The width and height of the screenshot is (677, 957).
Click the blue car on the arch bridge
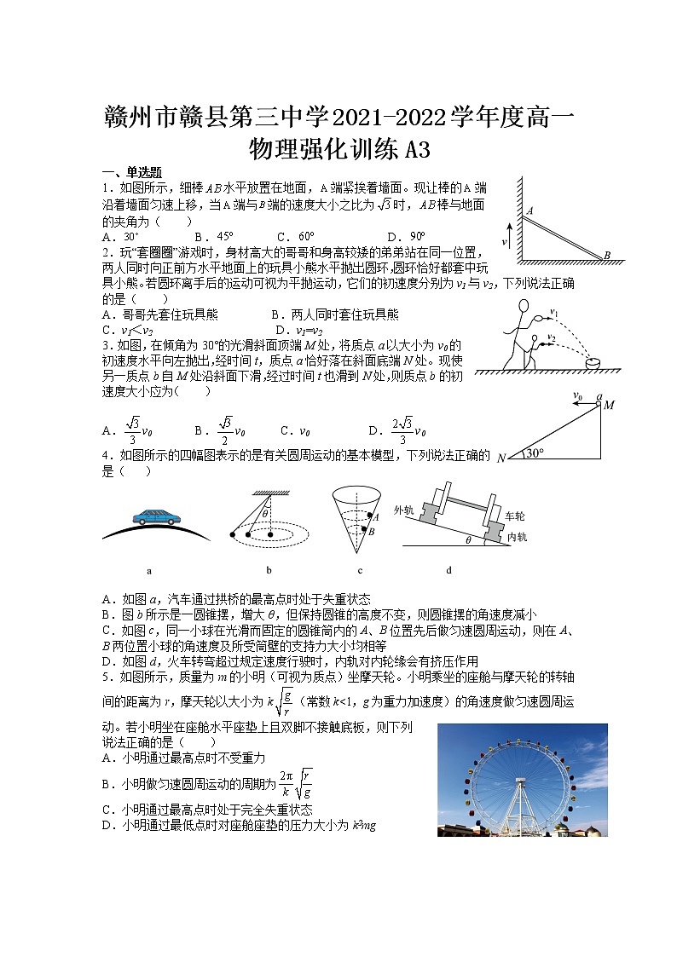(x=156, y=516)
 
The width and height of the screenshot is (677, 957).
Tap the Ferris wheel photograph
(x=504, y=780)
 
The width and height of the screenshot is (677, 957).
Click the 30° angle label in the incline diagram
(x=535, y=454)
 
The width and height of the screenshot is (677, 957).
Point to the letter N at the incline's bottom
(x=501, y=458)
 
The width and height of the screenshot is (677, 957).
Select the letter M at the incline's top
(x=609, y=405)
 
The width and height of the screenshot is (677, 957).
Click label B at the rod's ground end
(x=607, y=255)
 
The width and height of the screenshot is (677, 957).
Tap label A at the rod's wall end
(x=529, y=210)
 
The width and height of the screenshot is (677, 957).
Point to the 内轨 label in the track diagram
(x=516, y=537)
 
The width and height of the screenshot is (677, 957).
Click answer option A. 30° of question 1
(x=120, y=237)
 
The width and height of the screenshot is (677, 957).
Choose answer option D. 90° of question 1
(x=406, y=237)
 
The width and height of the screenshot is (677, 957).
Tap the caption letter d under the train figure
(x=448, y=570)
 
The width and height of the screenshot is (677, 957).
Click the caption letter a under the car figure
(x=149, y=570)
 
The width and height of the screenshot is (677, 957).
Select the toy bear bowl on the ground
(x=592, y=363)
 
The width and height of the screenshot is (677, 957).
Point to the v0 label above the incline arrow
(x=577, y=396)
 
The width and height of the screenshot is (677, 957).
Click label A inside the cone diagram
(x=376, y=516)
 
